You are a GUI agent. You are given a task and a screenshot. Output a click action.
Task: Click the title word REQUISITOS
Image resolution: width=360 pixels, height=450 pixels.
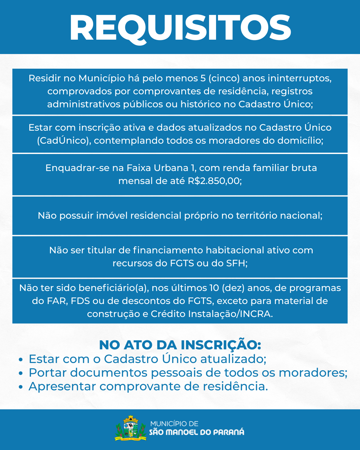(180, 28)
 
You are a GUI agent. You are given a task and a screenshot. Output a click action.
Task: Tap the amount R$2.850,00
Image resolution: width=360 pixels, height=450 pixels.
(215, 181)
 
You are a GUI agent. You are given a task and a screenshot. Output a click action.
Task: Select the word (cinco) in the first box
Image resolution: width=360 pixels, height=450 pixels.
(224, 78)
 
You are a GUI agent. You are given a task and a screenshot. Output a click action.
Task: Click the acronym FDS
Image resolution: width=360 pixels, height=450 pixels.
(80, 301)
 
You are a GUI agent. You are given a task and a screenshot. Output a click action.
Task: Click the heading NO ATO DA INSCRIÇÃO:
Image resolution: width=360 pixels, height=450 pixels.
(180, 345)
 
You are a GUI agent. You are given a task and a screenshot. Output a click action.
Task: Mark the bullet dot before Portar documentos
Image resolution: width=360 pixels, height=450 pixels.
(21, 373)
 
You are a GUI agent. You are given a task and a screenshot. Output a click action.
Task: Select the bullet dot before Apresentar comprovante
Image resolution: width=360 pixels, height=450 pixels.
(21, 387)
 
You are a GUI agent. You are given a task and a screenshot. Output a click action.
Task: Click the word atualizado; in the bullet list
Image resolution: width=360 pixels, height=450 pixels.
(233, 359)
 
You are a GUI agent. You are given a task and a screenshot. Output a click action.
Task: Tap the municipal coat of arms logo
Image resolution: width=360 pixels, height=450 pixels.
(131, 429)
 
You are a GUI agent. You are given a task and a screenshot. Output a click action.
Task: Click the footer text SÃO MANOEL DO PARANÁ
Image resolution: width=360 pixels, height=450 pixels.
(197, 432)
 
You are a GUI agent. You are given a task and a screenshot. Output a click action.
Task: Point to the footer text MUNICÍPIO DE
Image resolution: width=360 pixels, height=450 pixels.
(174, 424)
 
